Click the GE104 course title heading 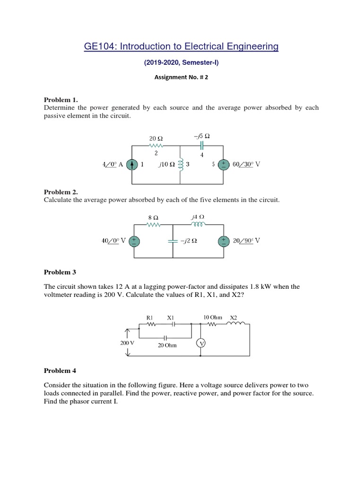coord(181,46)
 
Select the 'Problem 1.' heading coord(60,100)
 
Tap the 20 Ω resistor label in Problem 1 coord(156,138)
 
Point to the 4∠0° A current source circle coord(134,164)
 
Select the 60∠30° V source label coord(247,164)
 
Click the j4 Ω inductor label coord(198,217)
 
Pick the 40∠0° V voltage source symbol coord(134,241)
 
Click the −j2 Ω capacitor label coord(189,241)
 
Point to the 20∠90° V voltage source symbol coord(223,241)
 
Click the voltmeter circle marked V coord(201,344)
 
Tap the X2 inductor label coord(233,317)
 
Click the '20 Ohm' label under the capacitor coord(167,346)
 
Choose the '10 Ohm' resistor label coord(212,317)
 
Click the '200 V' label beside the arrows coord(128,343)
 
